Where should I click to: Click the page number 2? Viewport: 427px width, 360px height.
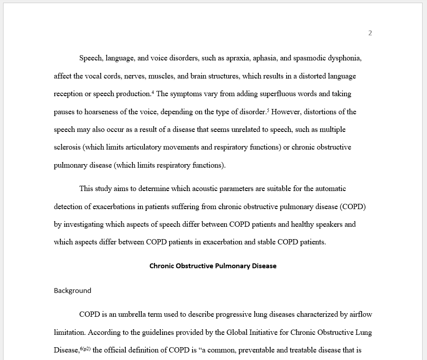pos(370,33)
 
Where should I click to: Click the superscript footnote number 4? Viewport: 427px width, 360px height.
pos(153,92)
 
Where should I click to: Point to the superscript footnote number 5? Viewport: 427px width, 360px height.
pos(268,110)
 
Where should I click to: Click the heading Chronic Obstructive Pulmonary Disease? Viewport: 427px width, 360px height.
pos(213,266)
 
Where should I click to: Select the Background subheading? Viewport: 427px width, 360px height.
pos(72,291)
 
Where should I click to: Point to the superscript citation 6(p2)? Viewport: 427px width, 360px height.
pos(85,349)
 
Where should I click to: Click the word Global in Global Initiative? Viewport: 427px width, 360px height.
pos(238,333)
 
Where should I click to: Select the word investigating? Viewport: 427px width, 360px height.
pos(90,225)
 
